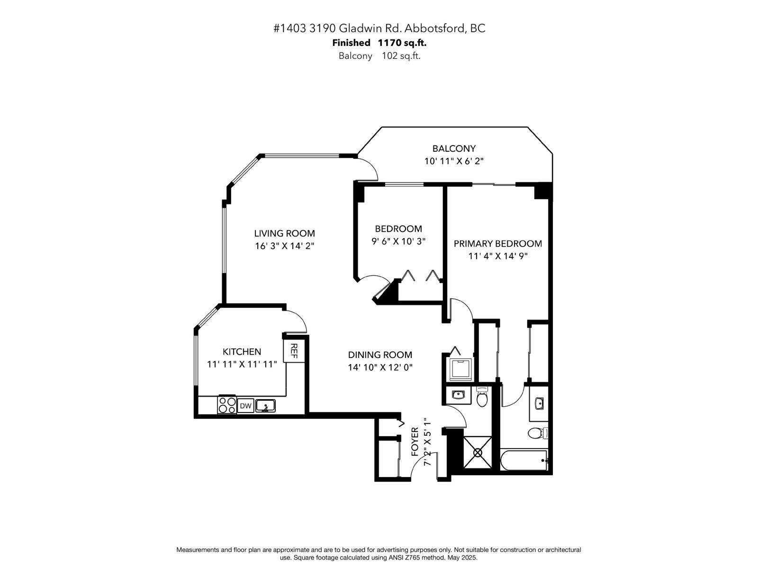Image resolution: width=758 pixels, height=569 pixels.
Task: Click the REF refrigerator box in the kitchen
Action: click(x=294, y=351)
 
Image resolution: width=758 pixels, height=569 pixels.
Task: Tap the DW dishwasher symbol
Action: click(x=245, y=406)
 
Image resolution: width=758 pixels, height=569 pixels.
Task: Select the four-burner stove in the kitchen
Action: click(x=227, y=405)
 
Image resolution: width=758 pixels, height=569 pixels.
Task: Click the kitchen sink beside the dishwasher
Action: click(x=265, y=406)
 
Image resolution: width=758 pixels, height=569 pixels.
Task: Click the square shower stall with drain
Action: click(x=477, y=452)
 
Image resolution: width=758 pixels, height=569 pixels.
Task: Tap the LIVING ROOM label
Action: click(x=284, y=233)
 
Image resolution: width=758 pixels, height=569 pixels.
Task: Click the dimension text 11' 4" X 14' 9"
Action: click(x=498, y=256)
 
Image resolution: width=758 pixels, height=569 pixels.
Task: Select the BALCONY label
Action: click(x=454, y=148)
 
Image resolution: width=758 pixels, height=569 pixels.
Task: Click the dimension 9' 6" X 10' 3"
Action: click(x=398, y=241)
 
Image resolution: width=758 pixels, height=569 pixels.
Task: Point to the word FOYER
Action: click(x=415, y=442)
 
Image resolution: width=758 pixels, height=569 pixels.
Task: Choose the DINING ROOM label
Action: click(x=380, y=355)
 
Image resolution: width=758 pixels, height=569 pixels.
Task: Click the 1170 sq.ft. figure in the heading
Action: click(x=402, y=43)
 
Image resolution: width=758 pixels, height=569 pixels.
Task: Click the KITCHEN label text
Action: click(x=242, y=351)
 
